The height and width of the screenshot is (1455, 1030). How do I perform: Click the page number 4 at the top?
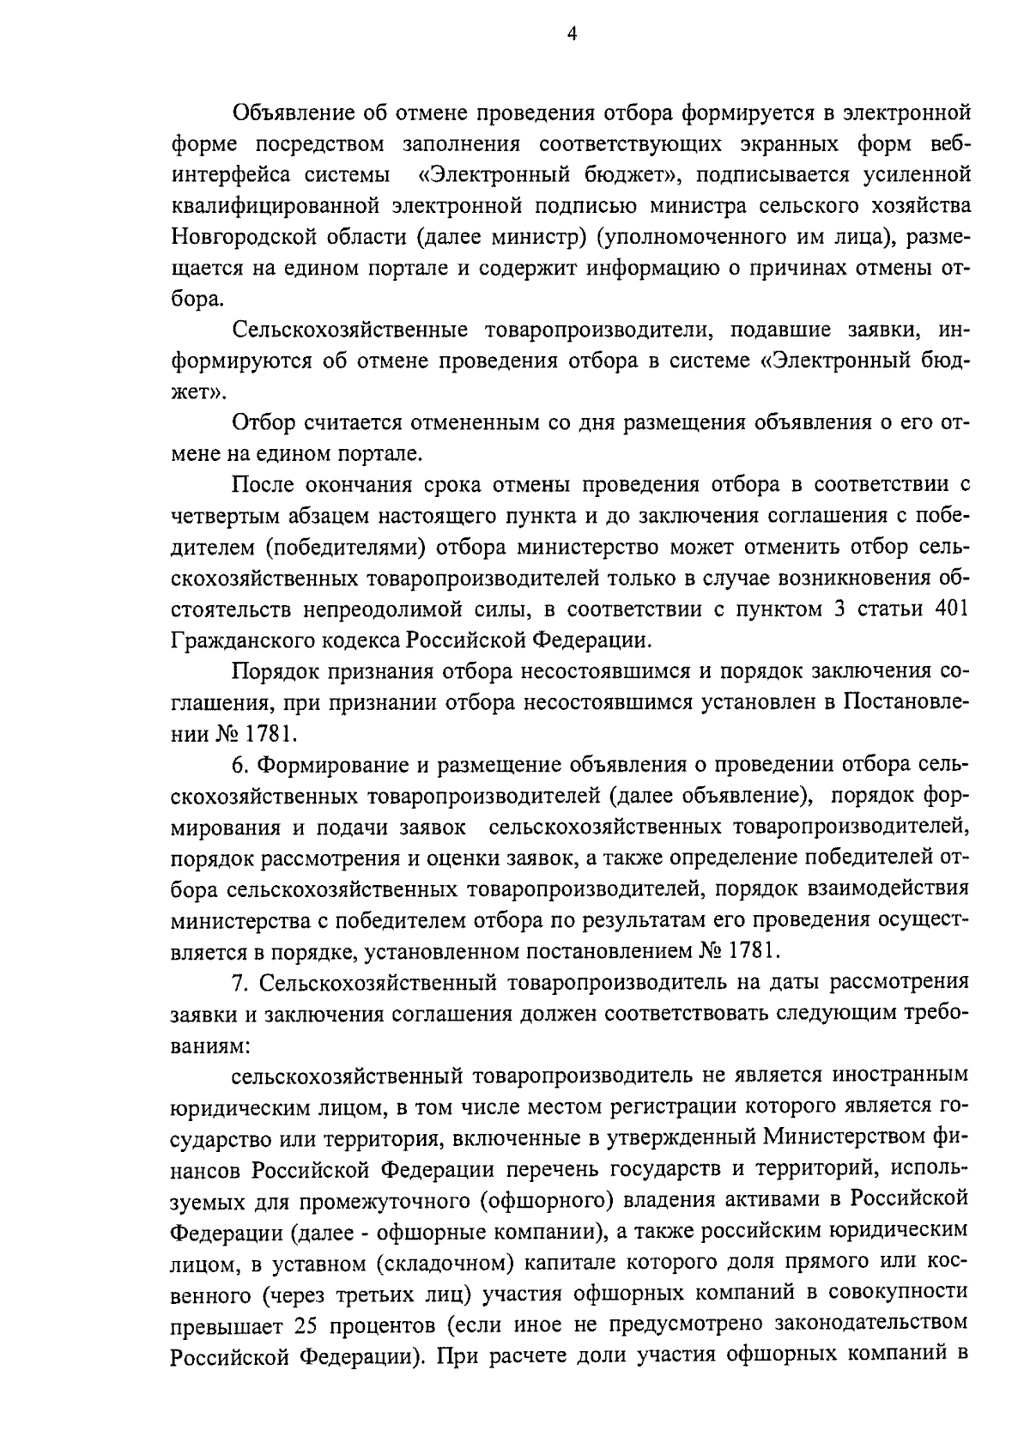572,34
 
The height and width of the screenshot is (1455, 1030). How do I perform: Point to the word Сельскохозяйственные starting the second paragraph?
349,330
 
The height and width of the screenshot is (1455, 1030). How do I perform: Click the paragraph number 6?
239,764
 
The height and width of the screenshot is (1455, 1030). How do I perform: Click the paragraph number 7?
239,980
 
